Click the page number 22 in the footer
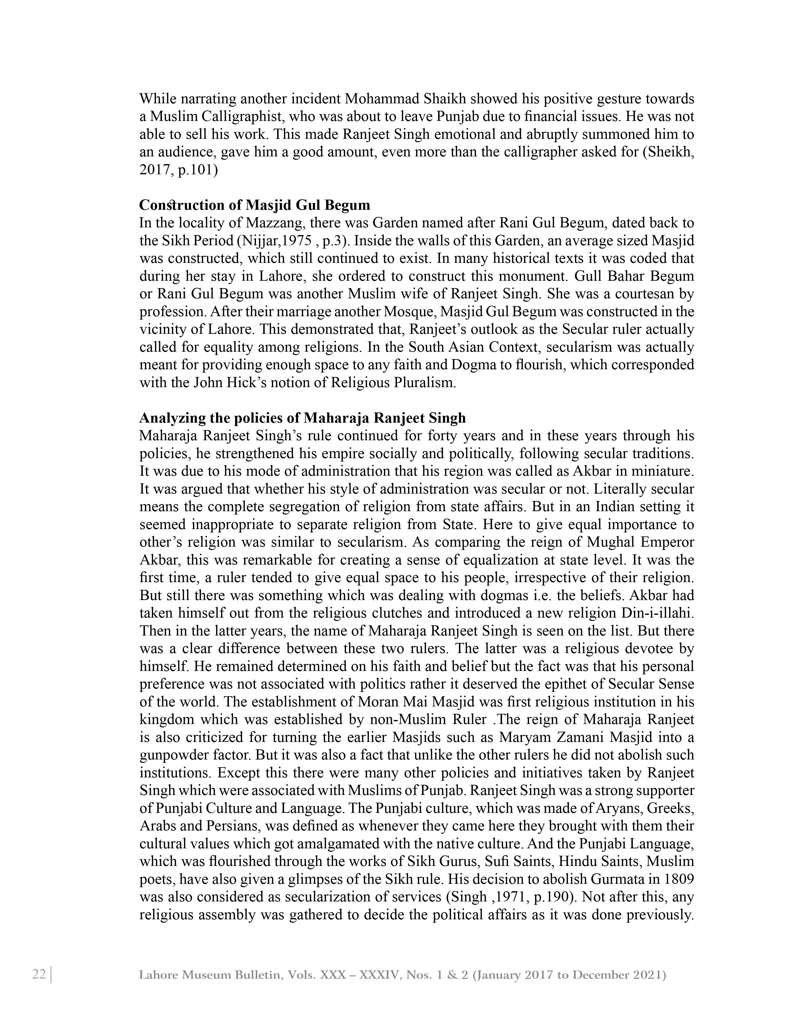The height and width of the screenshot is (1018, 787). point(39,974)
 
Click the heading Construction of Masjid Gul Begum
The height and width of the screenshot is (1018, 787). point(255,205)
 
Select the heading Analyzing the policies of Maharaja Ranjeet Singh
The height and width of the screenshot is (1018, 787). point(302,418)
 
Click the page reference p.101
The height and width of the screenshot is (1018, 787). point(197,170)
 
